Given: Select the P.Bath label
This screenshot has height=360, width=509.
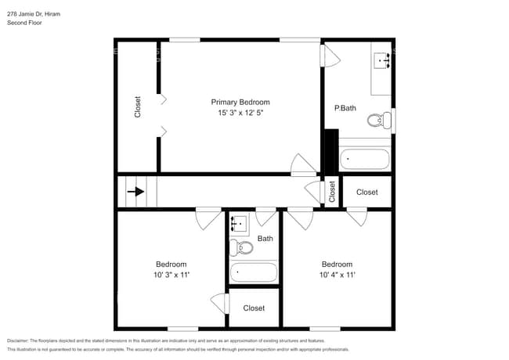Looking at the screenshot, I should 345,108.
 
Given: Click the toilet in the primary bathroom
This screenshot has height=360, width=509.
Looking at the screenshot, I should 379,120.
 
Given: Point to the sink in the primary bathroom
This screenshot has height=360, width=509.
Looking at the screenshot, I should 383,59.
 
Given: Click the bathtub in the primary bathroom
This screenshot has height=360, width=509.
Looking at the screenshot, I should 366,160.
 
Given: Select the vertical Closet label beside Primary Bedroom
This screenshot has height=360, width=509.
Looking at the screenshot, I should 138,106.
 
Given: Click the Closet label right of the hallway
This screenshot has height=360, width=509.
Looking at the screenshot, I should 366,192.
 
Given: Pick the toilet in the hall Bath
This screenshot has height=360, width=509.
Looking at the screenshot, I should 243,248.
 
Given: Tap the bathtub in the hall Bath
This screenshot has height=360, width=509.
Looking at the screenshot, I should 253,272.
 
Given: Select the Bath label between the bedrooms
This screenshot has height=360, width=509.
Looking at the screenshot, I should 265,239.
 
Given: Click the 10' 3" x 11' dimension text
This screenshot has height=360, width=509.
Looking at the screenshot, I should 170,275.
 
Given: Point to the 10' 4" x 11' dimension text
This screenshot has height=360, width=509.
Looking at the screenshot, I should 337,275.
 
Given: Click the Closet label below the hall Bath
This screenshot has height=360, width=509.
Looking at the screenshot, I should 253,308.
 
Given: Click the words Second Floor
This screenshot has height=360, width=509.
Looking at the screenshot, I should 24,23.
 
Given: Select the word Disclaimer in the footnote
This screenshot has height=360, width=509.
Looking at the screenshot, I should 21,341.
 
